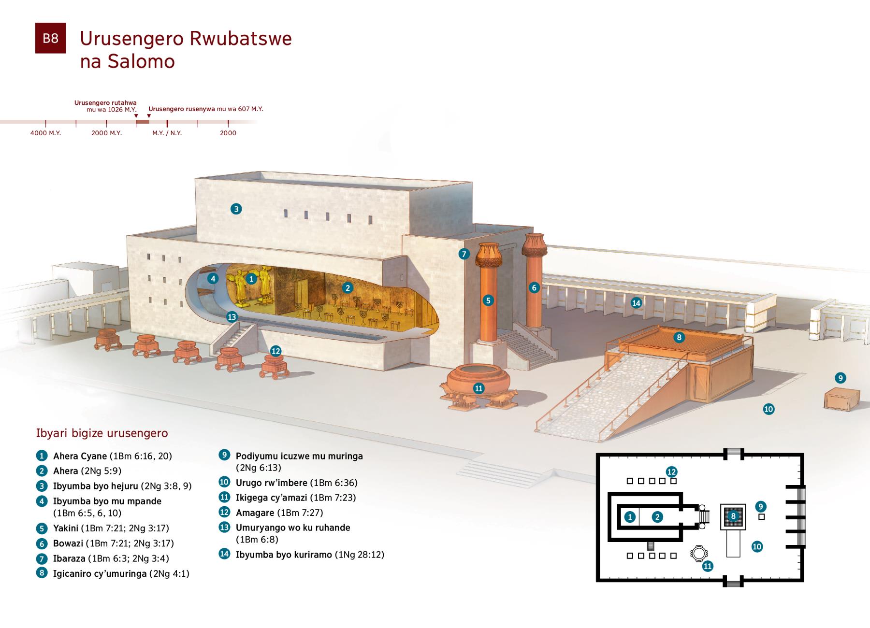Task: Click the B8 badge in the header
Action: pyautogui.click(x=50, y=38)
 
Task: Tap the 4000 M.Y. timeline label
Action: pyautogui.click(x=45, y=133)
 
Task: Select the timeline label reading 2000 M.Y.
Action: pyautogui.click(x=106, y=133)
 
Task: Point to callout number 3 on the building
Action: pyautogui.click(x=236, y=209)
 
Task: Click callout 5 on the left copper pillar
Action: pyautogui.click(x=488, y=300)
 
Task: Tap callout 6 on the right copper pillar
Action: pyautogui.click(x=534, y=287)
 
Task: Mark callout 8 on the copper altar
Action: pyautogui.click(x=679, y=337)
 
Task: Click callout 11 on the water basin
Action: pyautogui.click(x=478, y=388)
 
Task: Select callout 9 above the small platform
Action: pyautogui.click(x=840, y=378)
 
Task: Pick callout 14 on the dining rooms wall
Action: pyautogui.click(x=636, y=303)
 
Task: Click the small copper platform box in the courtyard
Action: pyautogui.click(x=841, y=400)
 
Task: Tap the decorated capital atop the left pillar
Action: pyautogui.click(x=489, y=254)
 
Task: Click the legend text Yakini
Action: pyautogui.click(x=65, y=528)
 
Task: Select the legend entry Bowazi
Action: pyautogui.click(x=68, y=543)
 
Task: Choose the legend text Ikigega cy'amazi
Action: pyautogui.click(x=272, y=498)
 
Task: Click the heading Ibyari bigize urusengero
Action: pyautogui.click(x=102, y=433)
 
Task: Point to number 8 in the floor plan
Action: pyautogui.click(x=733, y=516)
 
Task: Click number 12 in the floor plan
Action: pyautogui.click(x=671, y=471)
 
